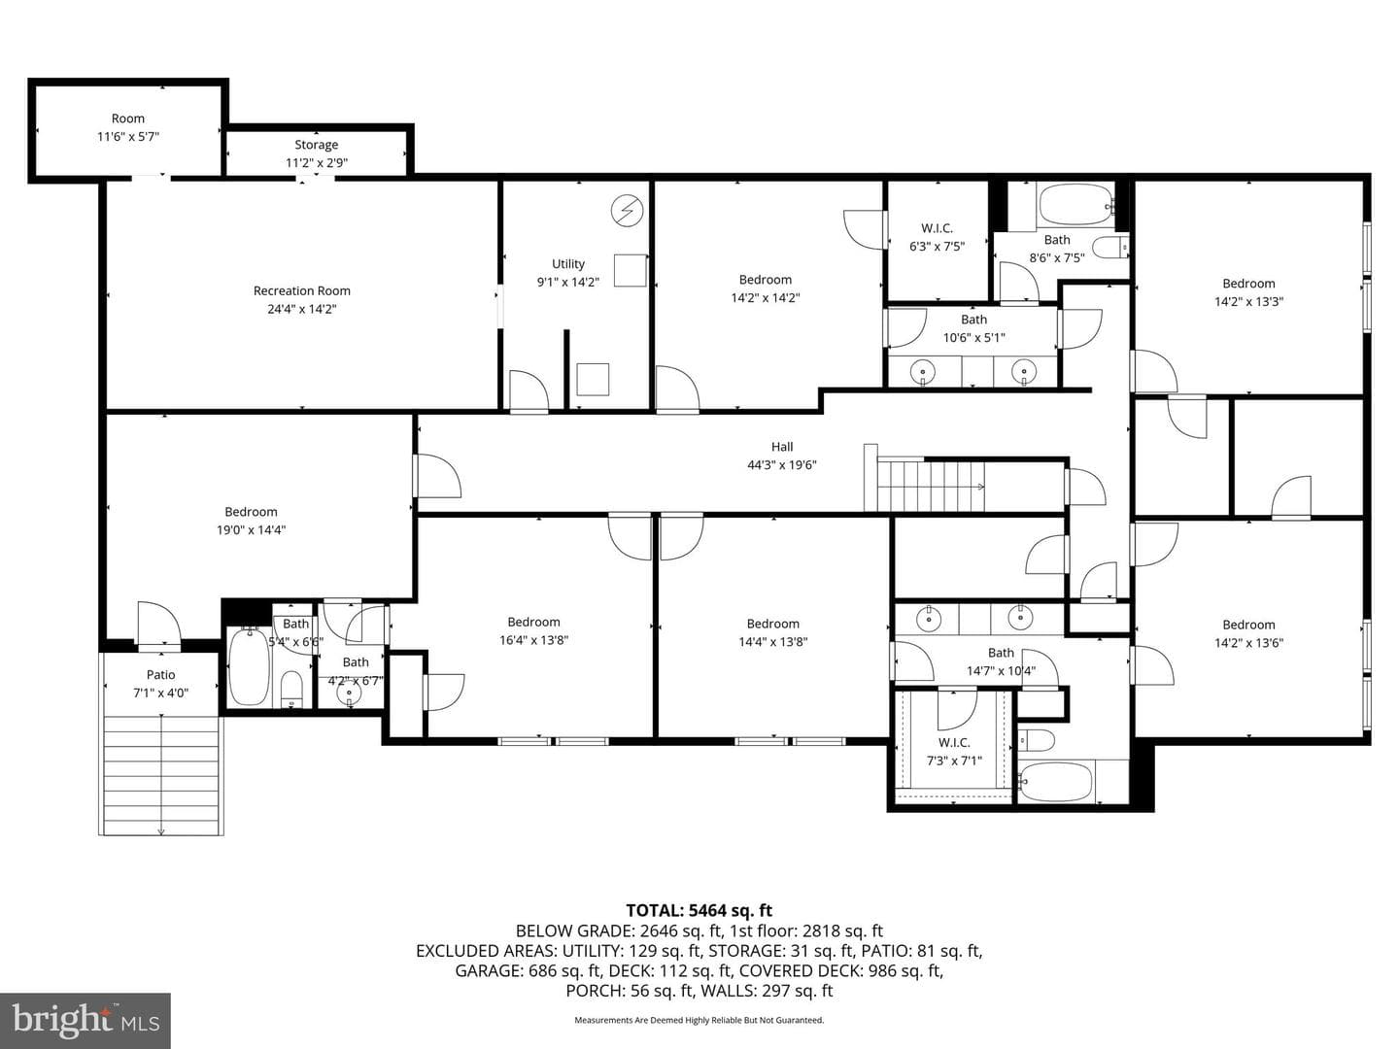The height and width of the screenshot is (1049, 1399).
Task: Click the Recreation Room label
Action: click(x=301, y=291)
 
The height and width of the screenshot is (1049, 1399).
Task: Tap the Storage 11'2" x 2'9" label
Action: click(x=316, y=153)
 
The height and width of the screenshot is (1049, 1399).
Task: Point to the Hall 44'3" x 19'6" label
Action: click(x=781, y=456)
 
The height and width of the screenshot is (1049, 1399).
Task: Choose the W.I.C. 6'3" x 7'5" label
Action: click(x=937, y=237)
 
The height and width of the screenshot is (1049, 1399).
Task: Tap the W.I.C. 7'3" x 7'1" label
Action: click(x=954, y=751)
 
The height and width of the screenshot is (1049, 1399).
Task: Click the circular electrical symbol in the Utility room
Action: click(x=628, y=210)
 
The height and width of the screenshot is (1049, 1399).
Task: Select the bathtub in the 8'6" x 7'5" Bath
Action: click(x=1075, y=204)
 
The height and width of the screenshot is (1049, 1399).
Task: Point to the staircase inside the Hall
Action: click(x=931, y=486)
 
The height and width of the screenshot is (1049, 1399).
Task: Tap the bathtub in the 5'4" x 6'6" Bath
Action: click(x=249, y=666)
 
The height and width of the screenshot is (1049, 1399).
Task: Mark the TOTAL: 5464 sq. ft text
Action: click(x=699, y=910)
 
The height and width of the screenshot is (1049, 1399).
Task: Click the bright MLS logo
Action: click(x=85, y=1021)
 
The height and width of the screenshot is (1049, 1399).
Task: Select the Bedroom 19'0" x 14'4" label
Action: click(x=251, y=521)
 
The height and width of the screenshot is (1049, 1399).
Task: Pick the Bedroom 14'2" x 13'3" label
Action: click(x=1248, y=292)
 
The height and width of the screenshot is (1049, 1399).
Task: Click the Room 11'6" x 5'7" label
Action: click(x=128, y=127)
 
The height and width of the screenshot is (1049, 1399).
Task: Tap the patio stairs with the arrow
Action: click(x=161, y=775)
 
